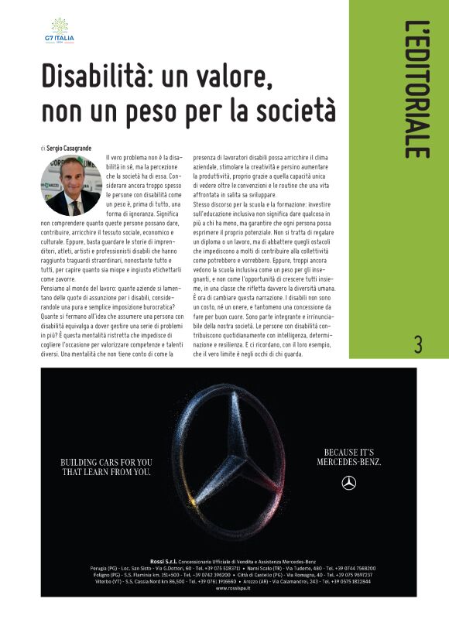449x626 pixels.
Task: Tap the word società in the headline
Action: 291,109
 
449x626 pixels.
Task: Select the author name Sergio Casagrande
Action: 70,146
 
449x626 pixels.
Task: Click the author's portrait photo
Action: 73,186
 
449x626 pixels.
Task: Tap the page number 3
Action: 418,344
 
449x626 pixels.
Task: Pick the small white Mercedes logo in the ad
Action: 348,484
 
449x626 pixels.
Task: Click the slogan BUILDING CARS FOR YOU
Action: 106,462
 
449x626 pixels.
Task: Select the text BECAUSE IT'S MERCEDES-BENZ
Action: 348,457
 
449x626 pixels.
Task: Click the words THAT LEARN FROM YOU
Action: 106,471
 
